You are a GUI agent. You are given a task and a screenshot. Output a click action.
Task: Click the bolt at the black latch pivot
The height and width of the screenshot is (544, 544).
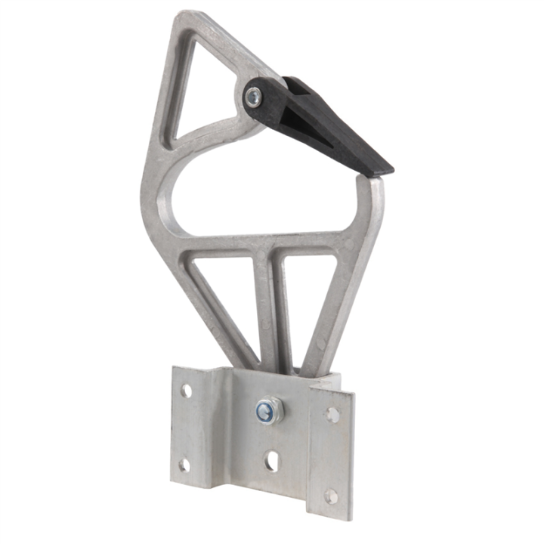click(x=255, y=96)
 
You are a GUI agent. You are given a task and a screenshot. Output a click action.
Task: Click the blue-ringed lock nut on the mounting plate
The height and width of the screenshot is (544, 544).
click(x=269, y=411)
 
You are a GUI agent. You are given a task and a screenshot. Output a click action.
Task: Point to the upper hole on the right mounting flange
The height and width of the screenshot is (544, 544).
click(x=331, y=414)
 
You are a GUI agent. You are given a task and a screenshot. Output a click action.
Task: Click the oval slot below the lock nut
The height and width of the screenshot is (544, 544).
click(x=270, y=462)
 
